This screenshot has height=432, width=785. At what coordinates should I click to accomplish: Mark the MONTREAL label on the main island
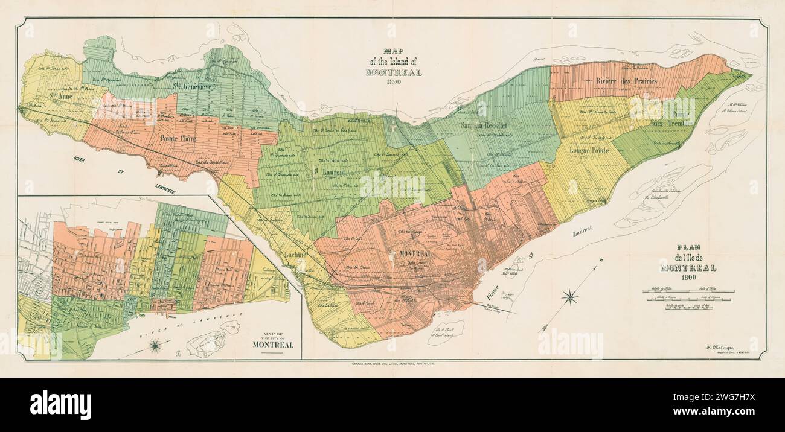415,254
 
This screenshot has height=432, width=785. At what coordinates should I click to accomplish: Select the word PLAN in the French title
688,247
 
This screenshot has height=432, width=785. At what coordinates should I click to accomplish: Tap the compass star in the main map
569,297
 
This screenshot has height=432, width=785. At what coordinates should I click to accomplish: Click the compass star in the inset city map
155,345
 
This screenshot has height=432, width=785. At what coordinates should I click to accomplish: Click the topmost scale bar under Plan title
688,291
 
